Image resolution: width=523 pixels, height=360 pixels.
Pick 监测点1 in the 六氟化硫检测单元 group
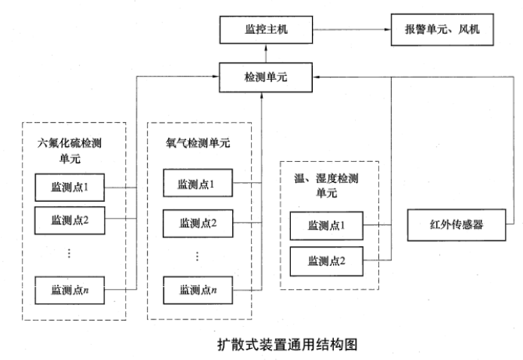[x=70, y=186]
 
